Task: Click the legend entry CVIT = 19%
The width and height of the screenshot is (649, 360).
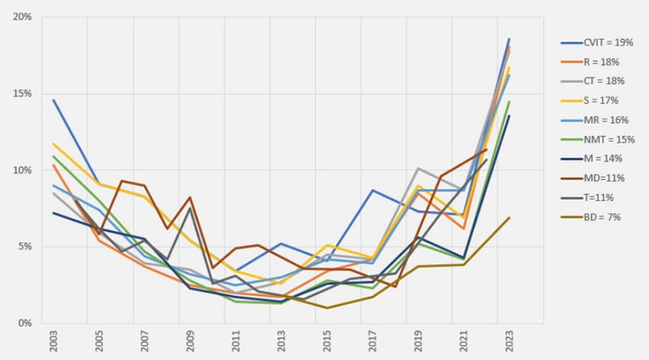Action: click(x=602, y=41)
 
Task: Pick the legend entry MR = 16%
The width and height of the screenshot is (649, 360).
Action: click(x=600, y=119)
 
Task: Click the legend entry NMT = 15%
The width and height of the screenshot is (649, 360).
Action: click(x=603, y=139)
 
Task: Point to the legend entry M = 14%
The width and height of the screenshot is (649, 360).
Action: click(x=599, y=158)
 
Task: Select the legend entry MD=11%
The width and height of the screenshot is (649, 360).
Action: click(x=600, y=178)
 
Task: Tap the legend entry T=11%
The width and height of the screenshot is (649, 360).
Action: click(x=598, y=197)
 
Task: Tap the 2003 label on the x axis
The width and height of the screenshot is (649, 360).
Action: click(x=54, y=341)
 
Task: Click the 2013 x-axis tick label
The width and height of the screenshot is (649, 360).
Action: click(x=280, y=341)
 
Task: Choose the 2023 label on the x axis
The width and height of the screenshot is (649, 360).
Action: click(x=509, y=341)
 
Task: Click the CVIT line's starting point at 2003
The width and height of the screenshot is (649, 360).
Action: click(x=54, y=100)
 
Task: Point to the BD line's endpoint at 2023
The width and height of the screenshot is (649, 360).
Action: click(x=509, y=217)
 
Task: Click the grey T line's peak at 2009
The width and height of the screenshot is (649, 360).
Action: click(x=190, y=208)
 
